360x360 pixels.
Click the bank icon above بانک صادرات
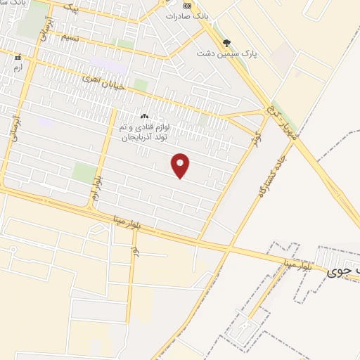[186, 4]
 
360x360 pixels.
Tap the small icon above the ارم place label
[18, 57]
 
